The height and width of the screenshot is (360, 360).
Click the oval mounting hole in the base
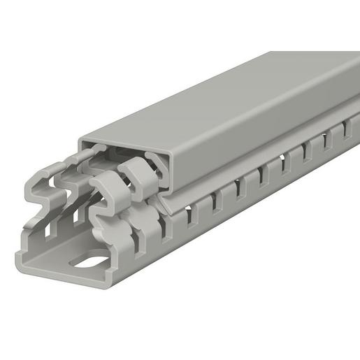[96, 264]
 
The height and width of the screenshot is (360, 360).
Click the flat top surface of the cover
[231, 98]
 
